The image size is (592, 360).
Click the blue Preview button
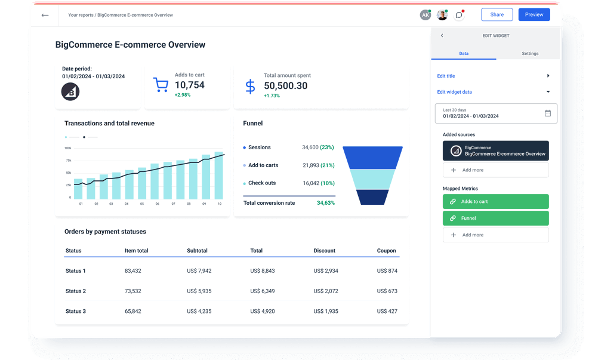click(x=534, y=15)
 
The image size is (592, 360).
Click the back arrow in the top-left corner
click(x=45, y=15)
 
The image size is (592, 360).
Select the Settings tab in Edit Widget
click(x=529, y=54)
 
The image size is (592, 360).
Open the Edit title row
click(x=493, y=76)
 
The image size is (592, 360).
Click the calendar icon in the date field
click(x=547, y=113)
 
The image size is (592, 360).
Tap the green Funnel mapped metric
click(x=495, y=219)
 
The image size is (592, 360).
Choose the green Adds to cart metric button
click(x=495, y=202)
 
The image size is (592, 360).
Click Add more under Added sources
click(x=495, y=170)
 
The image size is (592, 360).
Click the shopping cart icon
click(x=160, y=85)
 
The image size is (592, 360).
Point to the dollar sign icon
click(x=251, y=87)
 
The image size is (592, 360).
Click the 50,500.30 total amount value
click(x=285, y=86)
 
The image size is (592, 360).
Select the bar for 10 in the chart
click(x=219, y=176)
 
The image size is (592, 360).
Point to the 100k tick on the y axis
click(x=67, y=148)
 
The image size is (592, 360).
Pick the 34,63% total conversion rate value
click(x=325, y=203)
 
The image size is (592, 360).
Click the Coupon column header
click(x=386, y=251)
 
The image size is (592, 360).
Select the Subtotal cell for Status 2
click(x=199, y=291)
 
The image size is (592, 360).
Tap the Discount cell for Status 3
click(x=326, y=312)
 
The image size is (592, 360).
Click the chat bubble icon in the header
click(x=458, y=15)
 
